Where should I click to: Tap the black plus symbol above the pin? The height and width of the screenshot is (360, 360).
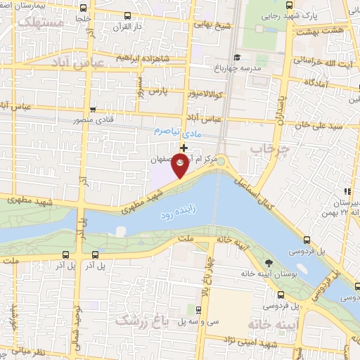point(184,148)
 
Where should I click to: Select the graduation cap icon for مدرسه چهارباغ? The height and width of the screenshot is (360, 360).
point(236,58)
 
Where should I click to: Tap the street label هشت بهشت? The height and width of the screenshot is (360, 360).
point(323,32)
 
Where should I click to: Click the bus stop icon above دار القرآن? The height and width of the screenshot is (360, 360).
point(126,15)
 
